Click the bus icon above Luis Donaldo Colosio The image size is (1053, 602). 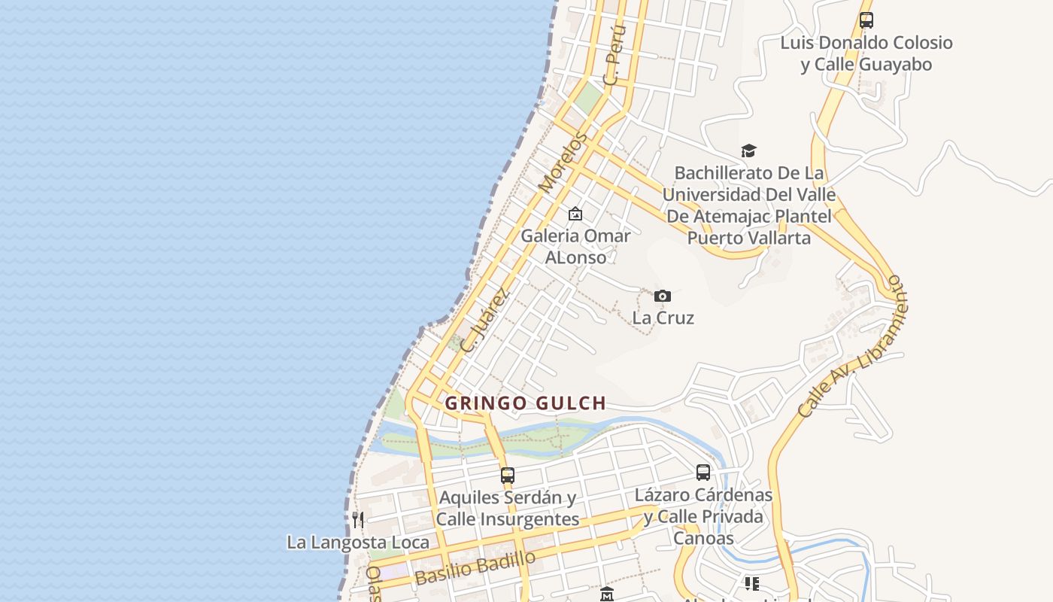coord(866,20)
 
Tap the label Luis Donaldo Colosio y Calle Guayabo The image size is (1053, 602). coord(866,53)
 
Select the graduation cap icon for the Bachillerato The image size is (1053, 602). coord(748,151)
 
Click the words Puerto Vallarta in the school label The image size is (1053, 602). coord(749,239)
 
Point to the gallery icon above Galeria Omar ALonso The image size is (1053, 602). coord(575,214)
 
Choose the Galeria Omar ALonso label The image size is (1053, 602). coord(575,246)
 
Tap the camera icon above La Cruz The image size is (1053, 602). coord(662,296)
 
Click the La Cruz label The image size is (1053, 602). coord(663,318)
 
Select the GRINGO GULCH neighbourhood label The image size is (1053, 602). coord(525,403)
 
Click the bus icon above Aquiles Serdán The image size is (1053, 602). coord(508,476)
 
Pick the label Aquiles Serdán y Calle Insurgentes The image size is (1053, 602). coord(508,508)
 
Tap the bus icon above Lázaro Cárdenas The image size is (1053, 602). coord(703,473)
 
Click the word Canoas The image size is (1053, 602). coord(703,538)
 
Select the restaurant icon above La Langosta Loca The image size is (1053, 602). coord(358,519)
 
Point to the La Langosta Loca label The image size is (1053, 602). coord(358,542)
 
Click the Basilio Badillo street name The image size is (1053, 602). coord(475,568)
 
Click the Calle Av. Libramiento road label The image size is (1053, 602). coord(851,346)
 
